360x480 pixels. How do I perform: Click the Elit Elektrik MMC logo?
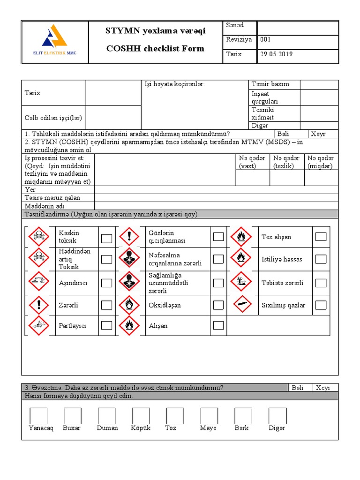pyautogui.click(x=55, y=41)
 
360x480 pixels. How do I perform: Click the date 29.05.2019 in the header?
pyautogui.click(x=276, y=54)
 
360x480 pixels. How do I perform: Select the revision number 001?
pyautogui.click(x=266, y=40)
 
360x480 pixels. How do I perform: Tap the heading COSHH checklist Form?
pyautogui.click(x=155, y=49)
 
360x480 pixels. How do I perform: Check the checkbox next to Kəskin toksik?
pyautogui.click(x=107, y=238)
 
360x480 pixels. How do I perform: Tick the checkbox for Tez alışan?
pyautogui.click(x=321, y=237)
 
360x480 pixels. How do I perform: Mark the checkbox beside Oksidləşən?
pyautogui.click(x=218, y=305)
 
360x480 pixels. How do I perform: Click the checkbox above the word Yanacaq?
pyautogui.click(x=38, y=416)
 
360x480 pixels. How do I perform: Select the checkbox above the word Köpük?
pyautogui.click(x=141, y=416)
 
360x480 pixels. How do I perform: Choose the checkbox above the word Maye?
pyautogui.click(x=209, y=416)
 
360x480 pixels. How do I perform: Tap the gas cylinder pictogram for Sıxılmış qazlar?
pyautogui.click(x=243, y=305)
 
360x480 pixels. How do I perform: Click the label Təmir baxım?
pyautogui.click(x=270, y=84)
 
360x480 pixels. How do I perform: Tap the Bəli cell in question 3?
pyautogui.click(x=298, y=388)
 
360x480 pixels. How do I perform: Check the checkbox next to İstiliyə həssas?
pyautogui.click(x=321, y=259)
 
